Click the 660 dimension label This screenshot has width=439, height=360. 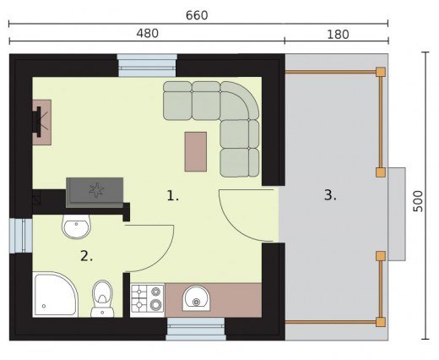coord(197,15)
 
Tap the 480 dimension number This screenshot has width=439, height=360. coord(148,34)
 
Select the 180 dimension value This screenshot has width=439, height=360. coord(338,35)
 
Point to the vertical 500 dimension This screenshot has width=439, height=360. coord(418,201)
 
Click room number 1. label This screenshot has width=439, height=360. coord(172,196)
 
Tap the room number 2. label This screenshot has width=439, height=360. coord(86,256)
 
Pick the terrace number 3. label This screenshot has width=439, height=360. coord(330,195)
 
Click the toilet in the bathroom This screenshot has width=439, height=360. coord(102,298)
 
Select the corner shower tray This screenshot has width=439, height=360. coord(55,294)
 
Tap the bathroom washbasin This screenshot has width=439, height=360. coord(76,226)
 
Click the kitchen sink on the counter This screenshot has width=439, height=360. coord(196,298)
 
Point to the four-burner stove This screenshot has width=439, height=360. coord(148,299)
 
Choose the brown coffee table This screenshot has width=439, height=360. coord(196,151)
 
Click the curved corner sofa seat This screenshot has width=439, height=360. coord(240,101)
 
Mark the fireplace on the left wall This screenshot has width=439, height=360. coord(41,123)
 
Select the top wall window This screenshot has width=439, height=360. coord(147,65)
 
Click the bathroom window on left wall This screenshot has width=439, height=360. coord(21,236)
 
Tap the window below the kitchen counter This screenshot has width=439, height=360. coord(196,329)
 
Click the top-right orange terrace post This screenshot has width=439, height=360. coord(381,72)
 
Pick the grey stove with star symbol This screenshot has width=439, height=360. coord(95,193)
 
